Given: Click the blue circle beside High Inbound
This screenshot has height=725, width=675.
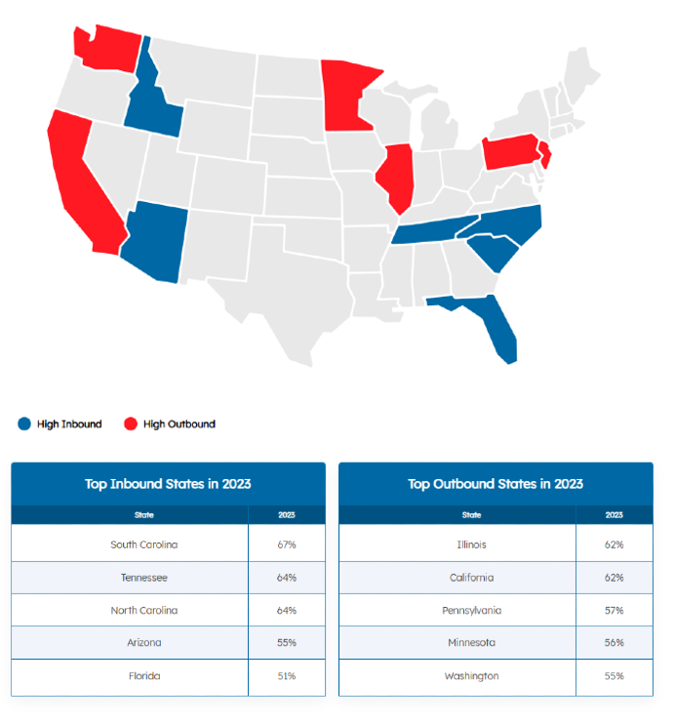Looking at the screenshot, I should [x=24, y=423].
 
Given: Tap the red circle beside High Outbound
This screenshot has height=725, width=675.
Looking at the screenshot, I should [x=130, y=423].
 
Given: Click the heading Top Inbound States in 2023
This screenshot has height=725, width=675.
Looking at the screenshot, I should [x=168, y=484].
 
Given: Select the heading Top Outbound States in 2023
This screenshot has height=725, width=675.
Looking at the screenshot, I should [x=496, y=484].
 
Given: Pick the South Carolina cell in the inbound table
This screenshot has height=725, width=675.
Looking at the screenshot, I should [x=144, y=544].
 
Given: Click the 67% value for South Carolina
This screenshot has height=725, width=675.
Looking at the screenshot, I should [x=286, y=544].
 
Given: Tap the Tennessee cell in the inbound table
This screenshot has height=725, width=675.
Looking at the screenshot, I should [x=144, y=578].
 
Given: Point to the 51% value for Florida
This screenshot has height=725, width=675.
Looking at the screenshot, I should [x=286, y=675].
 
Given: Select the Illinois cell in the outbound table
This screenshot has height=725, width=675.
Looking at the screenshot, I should [x=471, y=544].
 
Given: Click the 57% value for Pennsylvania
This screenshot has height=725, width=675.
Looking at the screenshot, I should [x=614, y=610].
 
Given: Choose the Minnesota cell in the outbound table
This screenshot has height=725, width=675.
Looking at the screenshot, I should [x=471, y=642].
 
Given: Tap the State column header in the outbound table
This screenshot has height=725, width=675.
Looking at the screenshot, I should [x=471, y=514].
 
